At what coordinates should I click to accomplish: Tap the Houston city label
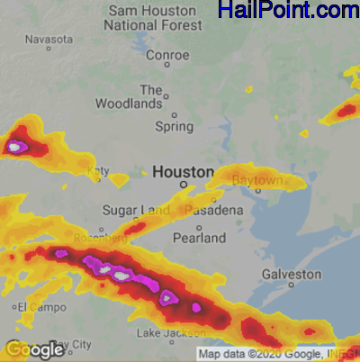[183, 171]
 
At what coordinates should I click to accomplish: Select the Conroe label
[167, 55]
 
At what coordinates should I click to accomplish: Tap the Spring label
[174, 127]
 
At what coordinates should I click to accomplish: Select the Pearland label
[200, 239]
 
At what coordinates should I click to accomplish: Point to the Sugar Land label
[135, 210]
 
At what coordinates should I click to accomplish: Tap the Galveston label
[291, 274]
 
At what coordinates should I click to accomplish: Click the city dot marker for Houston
[183, 185]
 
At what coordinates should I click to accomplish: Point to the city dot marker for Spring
[175, 114]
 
